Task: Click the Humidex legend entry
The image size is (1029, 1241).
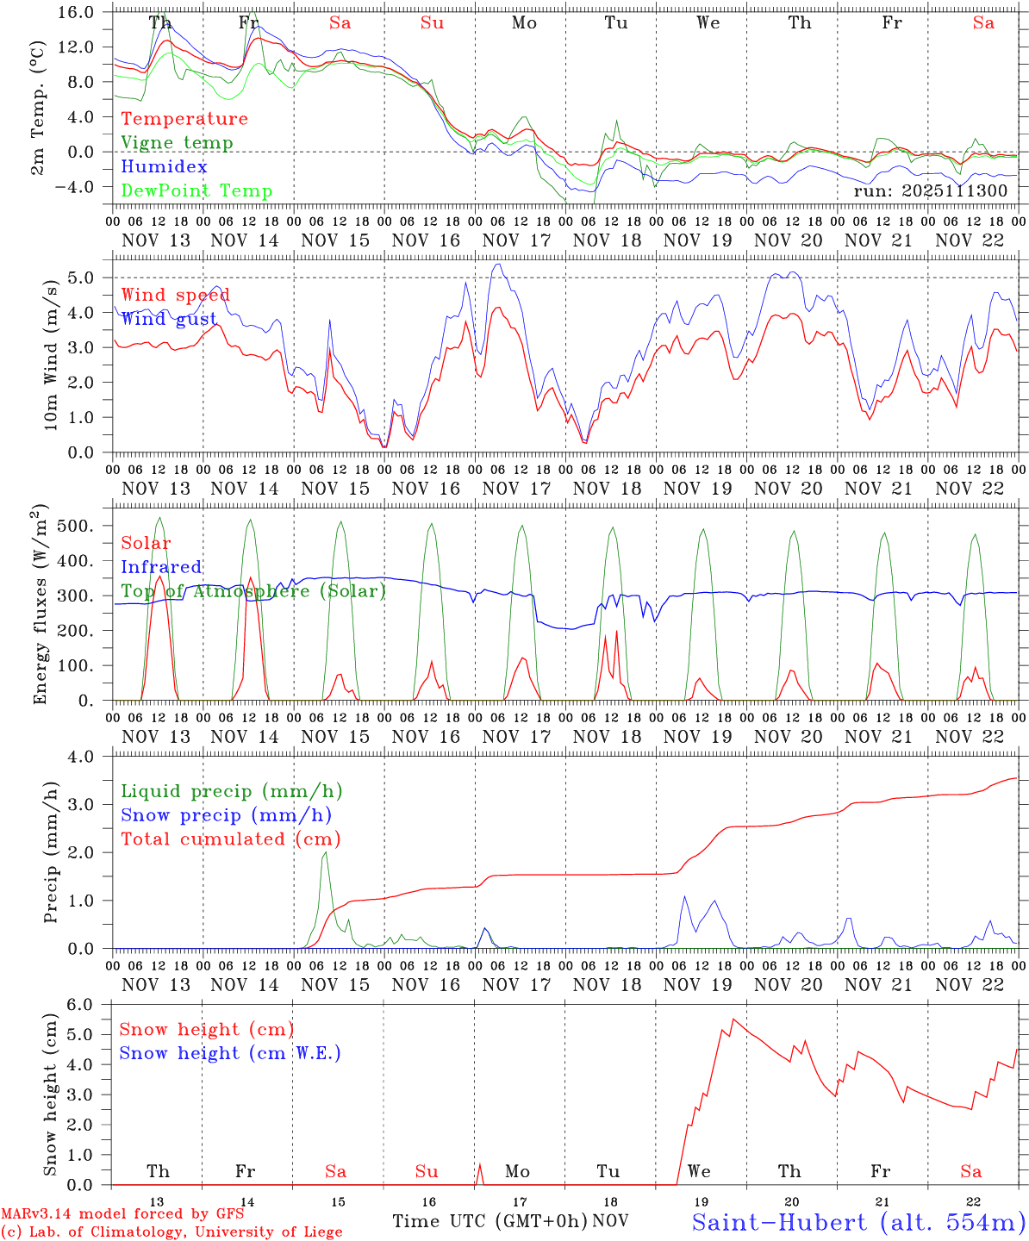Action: (x=164, y=167)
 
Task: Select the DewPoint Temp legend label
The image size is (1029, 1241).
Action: (x=196, y=191)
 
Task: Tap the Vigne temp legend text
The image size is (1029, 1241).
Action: (x=177, y=143)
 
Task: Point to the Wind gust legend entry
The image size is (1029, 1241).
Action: (x=169, y=319)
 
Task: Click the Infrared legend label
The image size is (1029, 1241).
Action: (x=161, y=567)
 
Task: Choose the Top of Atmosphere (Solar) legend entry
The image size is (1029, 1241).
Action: (x=253, y=591)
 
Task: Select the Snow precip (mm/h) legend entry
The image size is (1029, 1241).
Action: (x=226, y=815)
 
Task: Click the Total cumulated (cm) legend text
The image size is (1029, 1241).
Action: (x=231, y=839)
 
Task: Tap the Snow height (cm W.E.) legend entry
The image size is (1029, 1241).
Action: (x=230, y=1053)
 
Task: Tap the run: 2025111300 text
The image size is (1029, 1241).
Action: (x=930, y=190)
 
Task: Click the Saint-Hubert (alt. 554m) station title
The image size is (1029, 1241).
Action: (x=858, y=1222)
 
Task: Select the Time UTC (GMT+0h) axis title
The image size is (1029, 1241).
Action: (x=490, y=1221)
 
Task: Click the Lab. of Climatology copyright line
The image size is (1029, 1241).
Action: (x=171, y=1232)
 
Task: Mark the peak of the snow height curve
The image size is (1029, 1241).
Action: (x=733, y=1020)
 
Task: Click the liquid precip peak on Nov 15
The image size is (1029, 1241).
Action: (x=325, y=852)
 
